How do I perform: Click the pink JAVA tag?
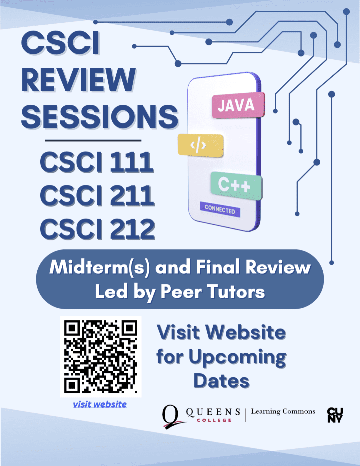[x=238, y=105]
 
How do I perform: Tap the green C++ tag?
[x=236, y=185]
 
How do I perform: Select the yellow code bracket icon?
[x=200, y=145]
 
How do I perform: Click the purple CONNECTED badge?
[x=220, y=209]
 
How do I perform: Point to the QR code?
[x=100, y=356]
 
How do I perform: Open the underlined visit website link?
[x=100, y=404]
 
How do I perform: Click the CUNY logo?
[x=335, y=415]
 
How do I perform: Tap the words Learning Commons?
[x=283, y=412]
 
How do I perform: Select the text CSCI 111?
[x=97, y=162]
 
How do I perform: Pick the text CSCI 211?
[x=97, y=195]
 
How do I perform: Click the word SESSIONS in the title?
[x=99, y=116]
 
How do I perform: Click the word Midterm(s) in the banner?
[x=99, y=268]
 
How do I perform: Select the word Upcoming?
[x=237, y=358]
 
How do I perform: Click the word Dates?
[x=221, y=381]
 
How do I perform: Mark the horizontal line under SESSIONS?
[x=93, y=140]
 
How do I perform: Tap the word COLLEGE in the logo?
[x=214, y=420]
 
